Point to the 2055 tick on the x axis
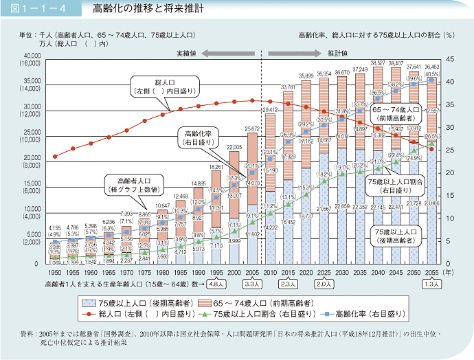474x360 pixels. pos(431,272)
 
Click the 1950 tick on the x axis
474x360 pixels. pos(55,272)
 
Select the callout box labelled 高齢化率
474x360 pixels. pos(198,137)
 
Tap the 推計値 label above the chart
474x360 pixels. pos(337,52)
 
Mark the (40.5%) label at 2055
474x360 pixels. pos(432,74)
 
